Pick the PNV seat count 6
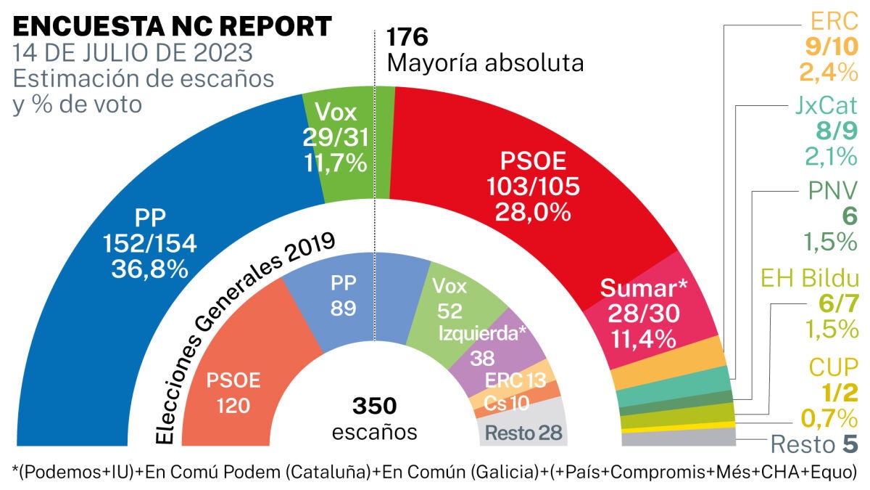tap(850, 216)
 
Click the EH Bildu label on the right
tap(810, 278)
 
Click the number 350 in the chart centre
tap(375, 406)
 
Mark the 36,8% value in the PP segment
tap(149, 269)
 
